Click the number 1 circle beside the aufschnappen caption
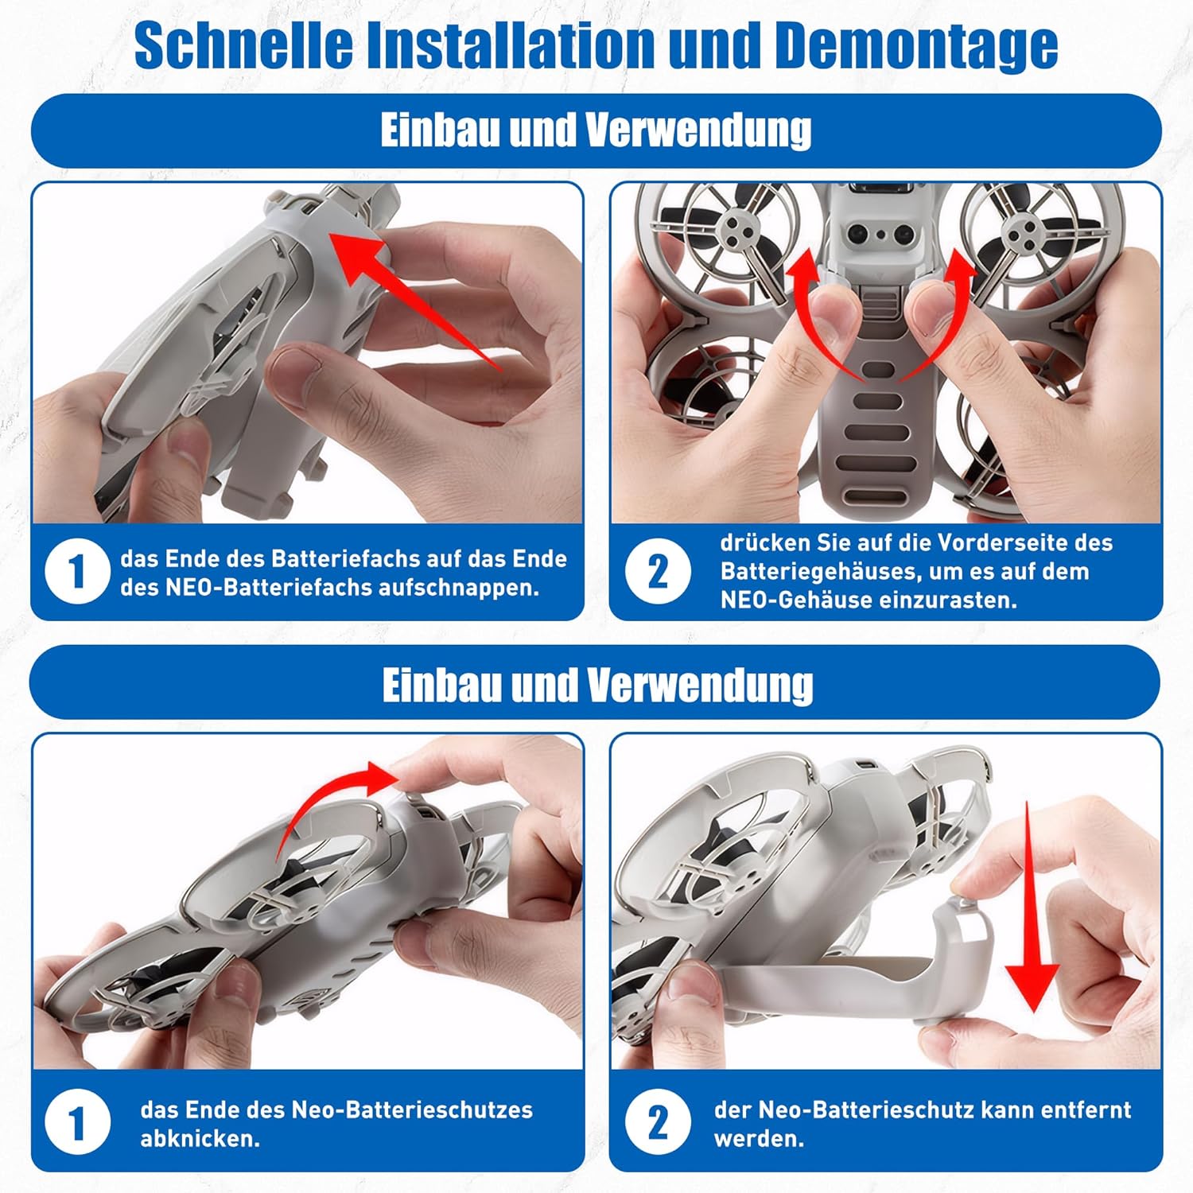tap(77, 572)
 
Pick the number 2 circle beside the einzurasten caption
tap(657, 572)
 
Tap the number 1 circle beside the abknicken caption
tap(77, 1124)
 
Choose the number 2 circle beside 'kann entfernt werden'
tap(657, 1124)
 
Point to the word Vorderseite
tap(1004, 542)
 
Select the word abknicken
tap(200, 1139)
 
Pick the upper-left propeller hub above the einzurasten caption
tap(740, 233)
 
